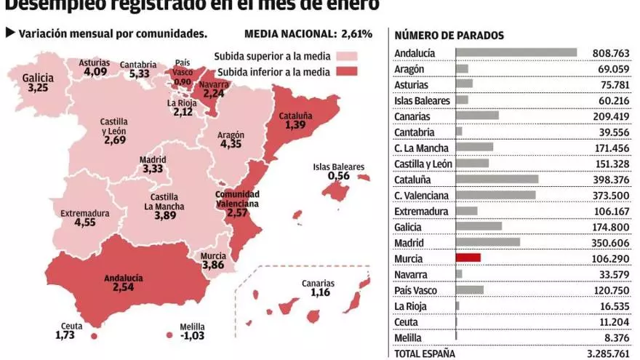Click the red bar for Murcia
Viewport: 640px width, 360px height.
tap(468, 257)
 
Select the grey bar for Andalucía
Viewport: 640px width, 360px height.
tap(516, 52)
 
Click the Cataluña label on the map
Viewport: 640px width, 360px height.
tap(295, 115)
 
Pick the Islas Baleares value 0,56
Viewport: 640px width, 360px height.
tap(339, 175)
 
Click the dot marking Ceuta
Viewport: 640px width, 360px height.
tap(93, 337)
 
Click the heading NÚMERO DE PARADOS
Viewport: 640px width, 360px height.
tap(449, 36)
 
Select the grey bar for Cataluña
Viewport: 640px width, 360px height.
tap(497, 179)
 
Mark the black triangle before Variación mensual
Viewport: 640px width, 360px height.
tap(9, 33)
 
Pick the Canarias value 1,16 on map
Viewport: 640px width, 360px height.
tap(320, 292)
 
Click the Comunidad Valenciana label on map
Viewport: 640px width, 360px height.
tap(236, 199)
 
